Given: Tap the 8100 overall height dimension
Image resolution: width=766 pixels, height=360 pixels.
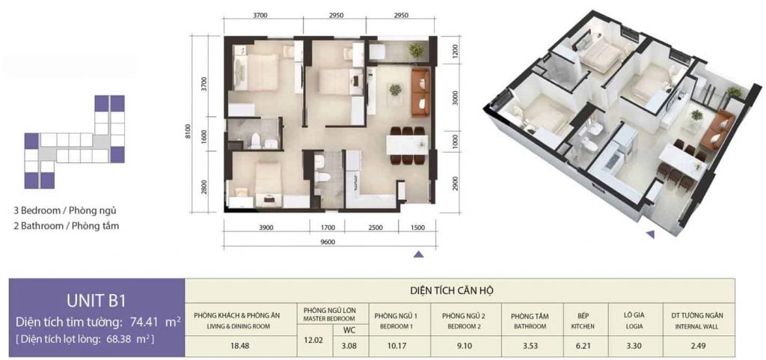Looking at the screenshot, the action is pyautogui.click(x=187, y=132).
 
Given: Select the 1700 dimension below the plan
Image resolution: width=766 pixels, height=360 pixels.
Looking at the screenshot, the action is pyautogui.click(x=328, y=227).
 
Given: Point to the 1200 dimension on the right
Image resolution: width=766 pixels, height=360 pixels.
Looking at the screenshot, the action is pyautogui.click(x=456, y=49).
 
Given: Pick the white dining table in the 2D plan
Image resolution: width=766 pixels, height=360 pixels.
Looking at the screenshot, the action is pyautogui.click(x=407, y=145).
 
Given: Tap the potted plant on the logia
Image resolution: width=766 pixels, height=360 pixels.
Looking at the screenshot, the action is pyautogui.click(x=416, y=50).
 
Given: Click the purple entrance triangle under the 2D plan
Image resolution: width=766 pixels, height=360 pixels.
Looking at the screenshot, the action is pyautogui.click(x=418, y=254).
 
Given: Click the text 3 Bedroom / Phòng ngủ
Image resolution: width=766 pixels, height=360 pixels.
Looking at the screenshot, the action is pyautogui.click(x=66, y=212).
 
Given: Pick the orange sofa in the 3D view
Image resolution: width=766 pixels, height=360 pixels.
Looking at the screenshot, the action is pyautogui.click(x=717, y=130).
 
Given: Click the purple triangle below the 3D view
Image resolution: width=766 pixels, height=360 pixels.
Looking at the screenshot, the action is pyautogui.click(x=650, y=234).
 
